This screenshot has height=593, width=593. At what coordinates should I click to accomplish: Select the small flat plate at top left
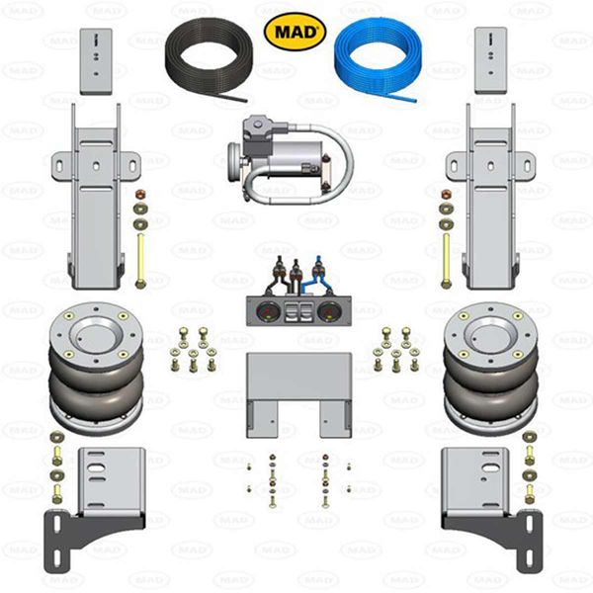pyautogui.click(x=95, y=60)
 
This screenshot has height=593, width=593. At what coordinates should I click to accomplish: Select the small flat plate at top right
pyautogui.click(x=489, y=60)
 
